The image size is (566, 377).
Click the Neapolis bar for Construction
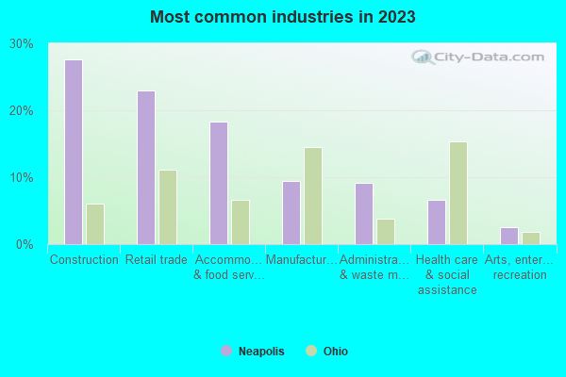click(x=74, y=152)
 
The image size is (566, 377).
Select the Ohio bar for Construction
click(x=95, y=224)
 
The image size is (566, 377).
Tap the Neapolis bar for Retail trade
click(x=146, y=168)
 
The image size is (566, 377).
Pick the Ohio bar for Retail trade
click(x=168, y=207)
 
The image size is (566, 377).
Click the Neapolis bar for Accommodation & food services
click(x=219, y=183)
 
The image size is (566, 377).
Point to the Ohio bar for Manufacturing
click(x=313, y=196)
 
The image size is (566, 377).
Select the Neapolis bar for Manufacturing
click(x=291, y=213)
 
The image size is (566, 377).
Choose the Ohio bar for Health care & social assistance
click(x=458, y=193)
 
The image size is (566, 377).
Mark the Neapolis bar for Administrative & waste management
click(x=364, y=214)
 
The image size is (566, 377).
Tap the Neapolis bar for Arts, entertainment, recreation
click(x=509, y=236)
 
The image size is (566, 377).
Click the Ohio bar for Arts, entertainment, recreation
click(x=531, y=238)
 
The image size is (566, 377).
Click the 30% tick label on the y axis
click(x=22, y=44)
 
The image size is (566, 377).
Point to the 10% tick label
click(x=22, y=178)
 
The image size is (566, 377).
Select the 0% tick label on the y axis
click(x=25, y=245)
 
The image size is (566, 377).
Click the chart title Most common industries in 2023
click(x=282, y=17)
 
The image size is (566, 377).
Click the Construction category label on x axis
click(x=84, y=259)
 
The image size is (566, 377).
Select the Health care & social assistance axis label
click(x=447, y=274)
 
